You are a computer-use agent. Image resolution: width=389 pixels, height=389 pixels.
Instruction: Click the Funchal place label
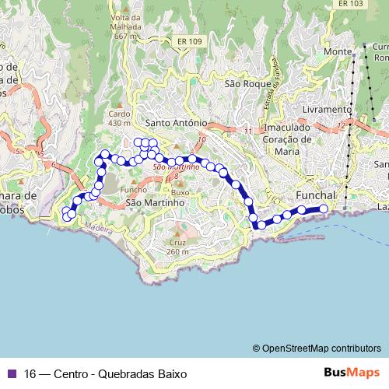pyautogui.click(x=316, y=194)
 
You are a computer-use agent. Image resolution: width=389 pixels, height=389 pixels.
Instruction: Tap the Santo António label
pyautogui.click(x=176, y=123)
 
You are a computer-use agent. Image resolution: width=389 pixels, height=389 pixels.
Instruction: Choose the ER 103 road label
pyautogui.click(x=352, y=4)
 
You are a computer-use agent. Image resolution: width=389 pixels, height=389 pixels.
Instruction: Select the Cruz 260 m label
pyautogui.click(x=177, y=247)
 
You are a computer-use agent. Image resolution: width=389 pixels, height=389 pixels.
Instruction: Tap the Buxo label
pyautogui.click(x=180, y=191)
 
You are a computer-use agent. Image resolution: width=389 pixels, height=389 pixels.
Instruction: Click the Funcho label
pyautogui.click(x=134, y=189)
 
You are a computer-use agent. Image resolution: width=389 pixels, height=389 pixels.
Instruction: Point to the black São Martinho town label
pyautogui.click(x=154, y=202)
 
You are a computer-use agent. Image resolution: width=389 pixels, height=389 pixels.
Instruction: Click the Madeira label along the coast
pyautogui.click(x=96, y=227)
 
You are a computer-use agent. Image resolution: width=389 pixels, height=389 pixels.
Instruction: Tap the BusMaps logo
pyautogui.click(x=352, y=373)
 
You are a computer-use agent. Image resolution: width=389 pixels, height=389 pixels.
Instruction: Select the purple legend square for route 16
pyautogui.click(x=11, y=373)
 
